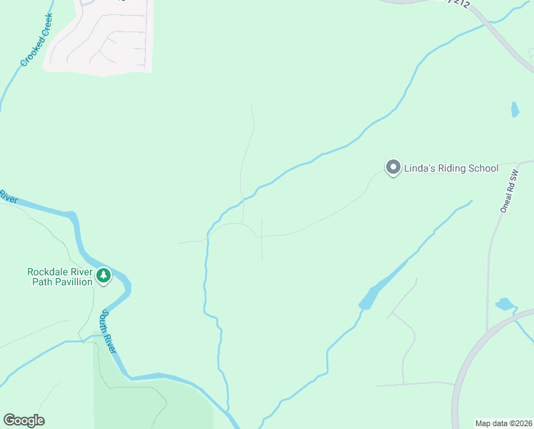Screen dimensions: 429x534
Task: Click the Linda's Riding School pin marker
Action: point(393,168)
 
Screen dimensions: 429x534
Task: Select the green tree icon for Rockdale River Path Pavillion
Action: point(104,275)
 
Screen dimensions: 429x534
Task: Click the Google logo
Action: point(24,420)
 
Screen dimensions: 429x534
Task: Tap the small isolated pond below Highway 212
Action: point(515,109)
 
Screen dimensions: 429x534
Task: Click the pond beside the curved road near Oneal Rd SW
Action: point(505,304)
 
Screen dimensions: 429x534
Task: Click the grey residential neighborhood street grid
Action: point(100,39)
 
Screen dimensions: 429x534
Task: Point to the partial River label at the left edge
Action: point(7,196)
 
